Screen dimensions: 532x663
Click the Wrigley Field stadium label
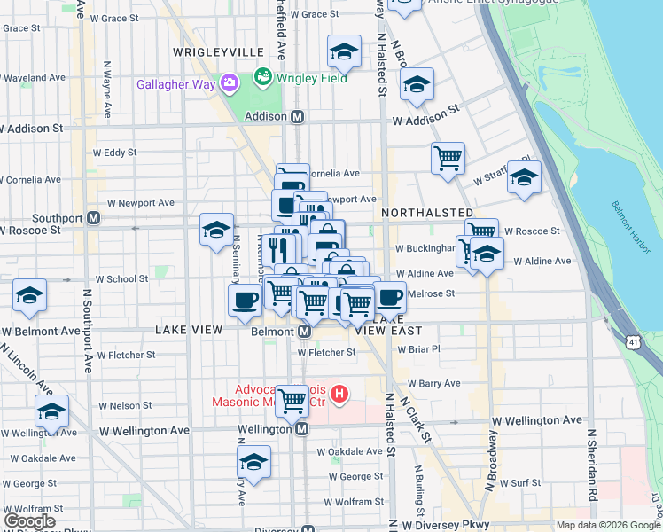click(311, 78)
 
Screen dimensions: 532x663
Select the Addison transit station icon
click(298, 116)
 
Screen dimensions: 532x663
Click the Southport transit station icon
click(93, 217)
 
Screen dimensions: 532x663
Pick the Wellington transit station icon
click(301, 429)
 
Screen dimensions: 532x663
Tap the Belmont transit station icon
click(303, 332)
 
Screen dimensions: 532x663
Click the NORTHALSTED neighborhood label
click(427, 213)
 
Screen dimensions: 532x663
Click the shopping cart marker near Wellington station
click(292, 401)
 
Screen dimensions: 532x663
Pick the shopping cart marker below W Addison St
click(448, 158)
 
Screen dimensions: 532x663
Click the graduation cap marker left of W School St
click(29, 295)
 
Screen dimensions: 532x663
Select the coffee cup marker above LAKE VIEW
click(245, 299)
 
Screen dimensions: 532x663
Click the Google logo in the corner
click(32, 522)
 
